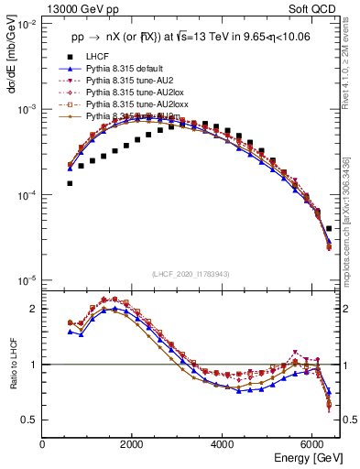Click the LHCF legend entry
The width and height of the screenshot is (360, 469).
[98, 57]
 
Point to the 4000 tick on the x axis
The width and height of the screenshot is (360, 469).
[223, 444]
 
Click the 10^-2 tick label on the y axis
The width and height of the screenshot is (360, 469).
[26, 24]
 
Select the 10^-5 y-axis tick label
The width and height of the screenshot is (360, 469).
[26, 279]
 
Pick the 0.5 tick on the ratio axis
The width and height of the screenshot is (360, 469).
[29, 420]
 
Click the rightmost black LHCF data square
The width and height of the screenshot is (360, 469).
[329, 228]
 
